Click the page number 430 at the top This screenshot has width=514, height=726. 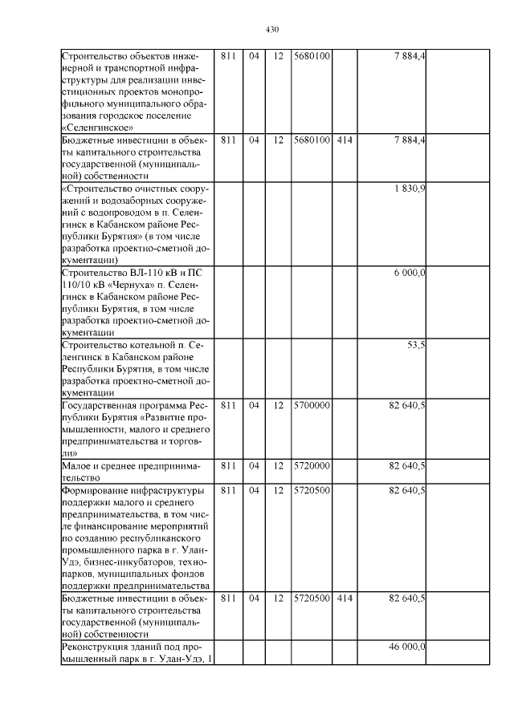click(x=271, y=30)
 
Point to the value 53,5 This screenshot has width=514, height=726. click(x=416, y=344)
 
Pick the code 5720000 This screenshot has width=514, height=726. click(x=312, y=465)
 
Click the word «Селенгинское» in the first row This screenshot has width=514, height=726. click(x=96, y=127)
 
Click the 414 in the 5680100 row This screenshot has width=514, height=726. click(x=345, y=140)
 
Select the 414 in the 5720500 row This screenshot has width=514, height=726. click(x=345, y=598)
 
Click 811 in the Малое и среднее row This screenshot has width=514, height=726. click(x=228, y=465)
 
